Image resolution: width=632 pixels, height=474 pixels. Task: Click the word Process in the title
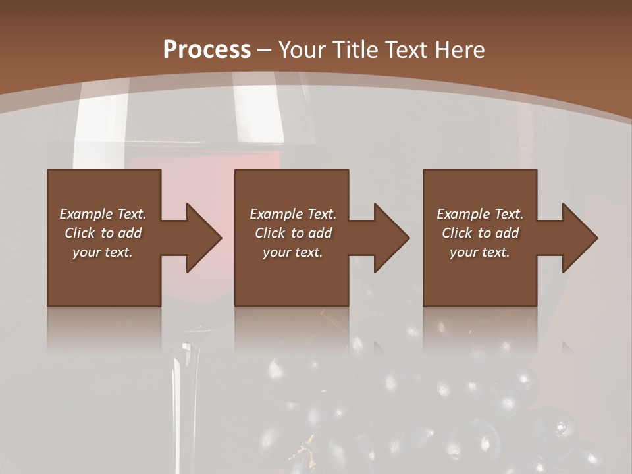207,50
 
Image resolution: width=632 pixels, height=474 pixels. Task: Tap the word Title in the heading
356,50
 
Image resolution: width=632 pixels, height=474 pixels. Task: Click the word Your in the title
303,50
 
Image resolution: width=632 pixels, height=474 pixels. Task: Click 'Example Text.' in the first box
103,214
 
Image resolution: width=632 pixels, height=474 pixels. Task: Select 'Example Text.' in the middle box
293,214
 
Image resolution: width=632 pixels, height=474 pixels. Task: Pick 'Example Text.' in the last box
480,214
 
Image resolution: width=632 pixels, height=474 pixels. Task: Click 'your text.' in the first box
103,252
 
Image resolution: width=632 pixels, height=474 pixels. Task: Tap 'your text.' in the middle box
293,252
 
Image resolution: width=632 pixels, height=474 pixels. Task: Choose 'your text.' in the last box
480,252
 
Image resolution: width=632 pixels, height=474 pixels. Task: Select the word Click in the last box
458,233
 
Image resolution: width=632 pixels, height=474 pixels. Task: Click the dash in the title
265,50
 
